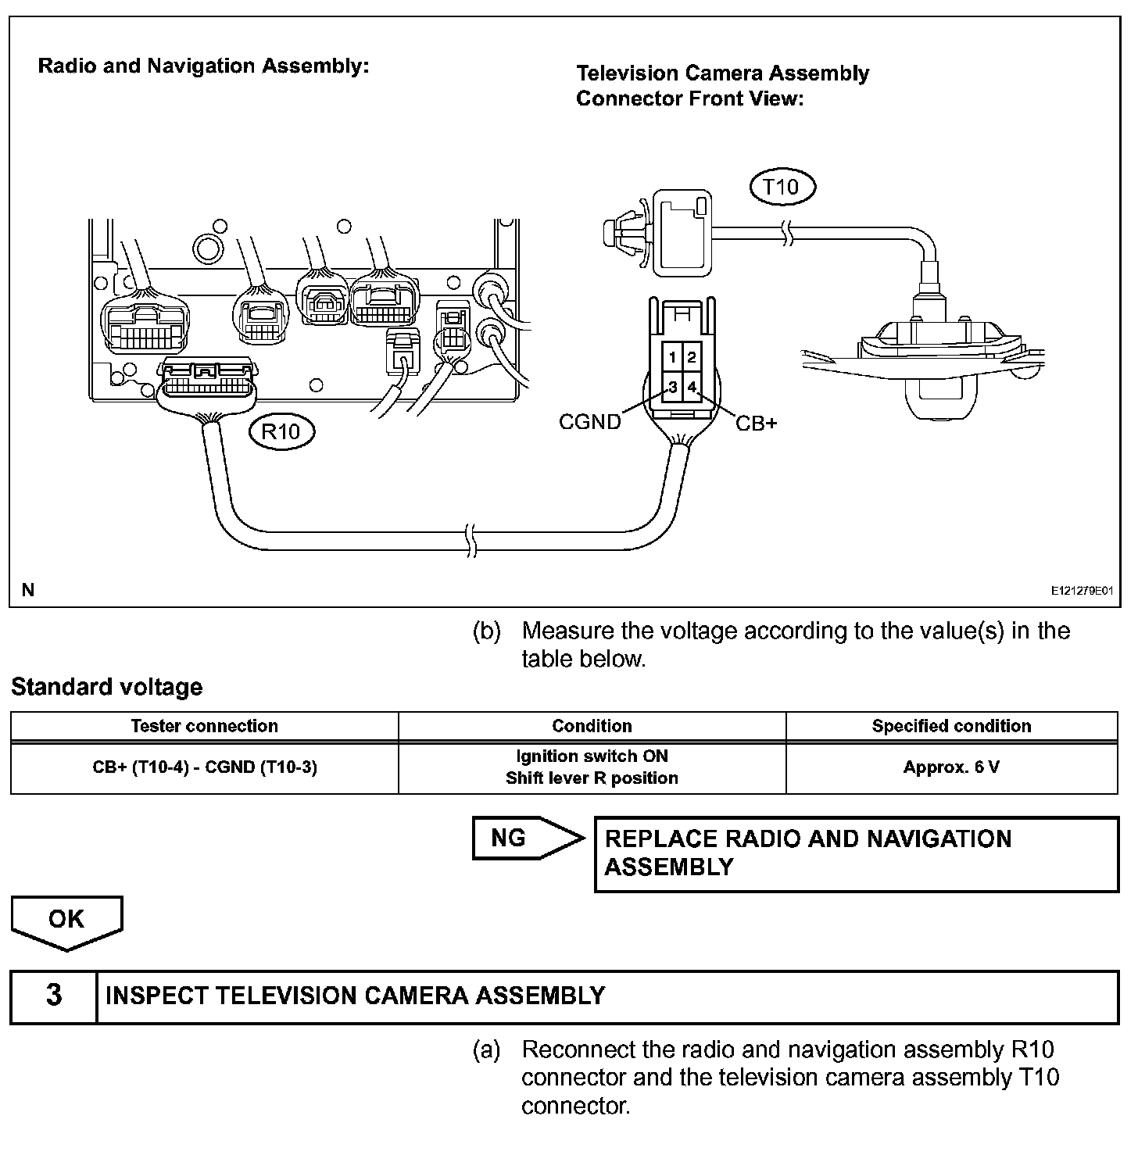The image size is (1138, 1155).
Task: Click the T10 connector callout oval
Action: (x=782, y=188)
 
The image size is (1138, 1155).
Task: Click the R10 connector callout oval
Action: (x=281, y=431)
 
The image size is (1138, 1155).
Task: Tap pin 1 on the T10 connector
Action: (x=673, y=358)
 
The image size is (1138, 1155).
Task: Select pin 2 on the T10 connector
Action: (x=692, y=358)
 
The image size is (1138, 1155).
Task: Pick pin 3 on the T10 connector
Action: (x=673, y=386)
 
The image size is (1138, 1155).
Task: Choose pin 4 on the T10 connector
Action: (x=692, y=386)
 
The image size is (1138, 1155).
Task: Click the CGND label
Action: (x=590, y=422)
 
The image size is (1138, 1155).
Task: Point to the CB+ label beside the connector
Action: (x=757, y=424)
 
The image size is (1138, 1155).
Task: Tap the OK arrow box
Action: (x=66, y=920)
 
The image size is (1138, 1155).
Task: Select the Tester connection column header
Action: (x=205, y=726)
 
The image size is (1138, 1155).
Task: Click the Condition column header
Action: (x=592, y=726)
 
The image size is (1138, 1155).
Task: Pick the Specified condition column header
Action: (x=951, y=726)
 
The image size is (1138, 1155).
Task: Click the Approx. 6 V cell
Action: (x=951, y=767)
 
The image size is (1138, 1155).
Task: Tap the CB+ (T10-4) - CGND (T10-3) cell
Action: (x=205, y=767)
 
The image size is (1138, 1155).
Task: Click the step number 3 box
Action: (x=54, y=996)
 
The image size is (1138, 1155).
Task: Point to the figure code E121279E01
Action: (x=1081, y=592)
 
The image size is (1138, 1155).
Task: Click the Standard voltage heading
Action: (x=107, y=687)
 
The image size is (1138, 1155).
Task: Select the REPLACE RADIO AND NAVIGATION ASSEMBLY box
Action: (x=856, y=853)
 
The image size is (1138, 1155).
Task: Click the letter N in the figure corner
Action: (x=28, y=590)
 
